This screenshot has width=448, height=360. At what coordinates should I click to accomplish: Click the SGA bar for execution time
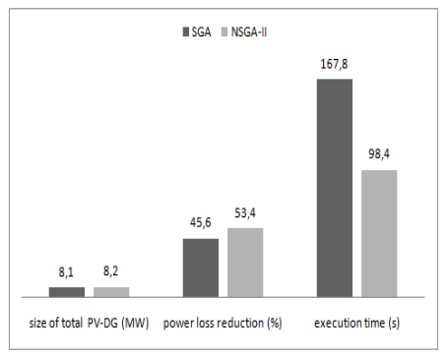click(x=334, y=187)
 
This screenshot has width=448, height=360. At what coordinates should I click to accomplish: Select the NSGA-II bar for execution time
click(x=378, y=232)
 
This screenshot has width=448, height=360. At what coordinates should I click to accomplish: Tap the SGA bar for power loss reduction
click(x=201, y=267)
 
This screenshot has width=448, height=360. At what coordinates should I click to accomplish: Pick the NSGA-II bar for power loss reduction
click(x=245, y=262)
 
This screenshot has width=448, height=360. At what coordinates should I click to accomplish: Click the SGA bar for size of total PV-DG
click(x=67, y=291)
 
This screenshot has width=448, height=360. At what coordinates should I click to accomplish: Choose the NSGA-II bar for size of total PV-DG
click(x=111, y=291)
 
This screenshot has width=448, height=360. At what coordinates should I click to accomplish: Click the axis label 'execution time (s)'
click(x=357, y=323)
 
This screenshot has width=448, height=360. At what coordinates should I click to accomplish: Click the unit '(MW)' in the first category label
click(x=130, y=323)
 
